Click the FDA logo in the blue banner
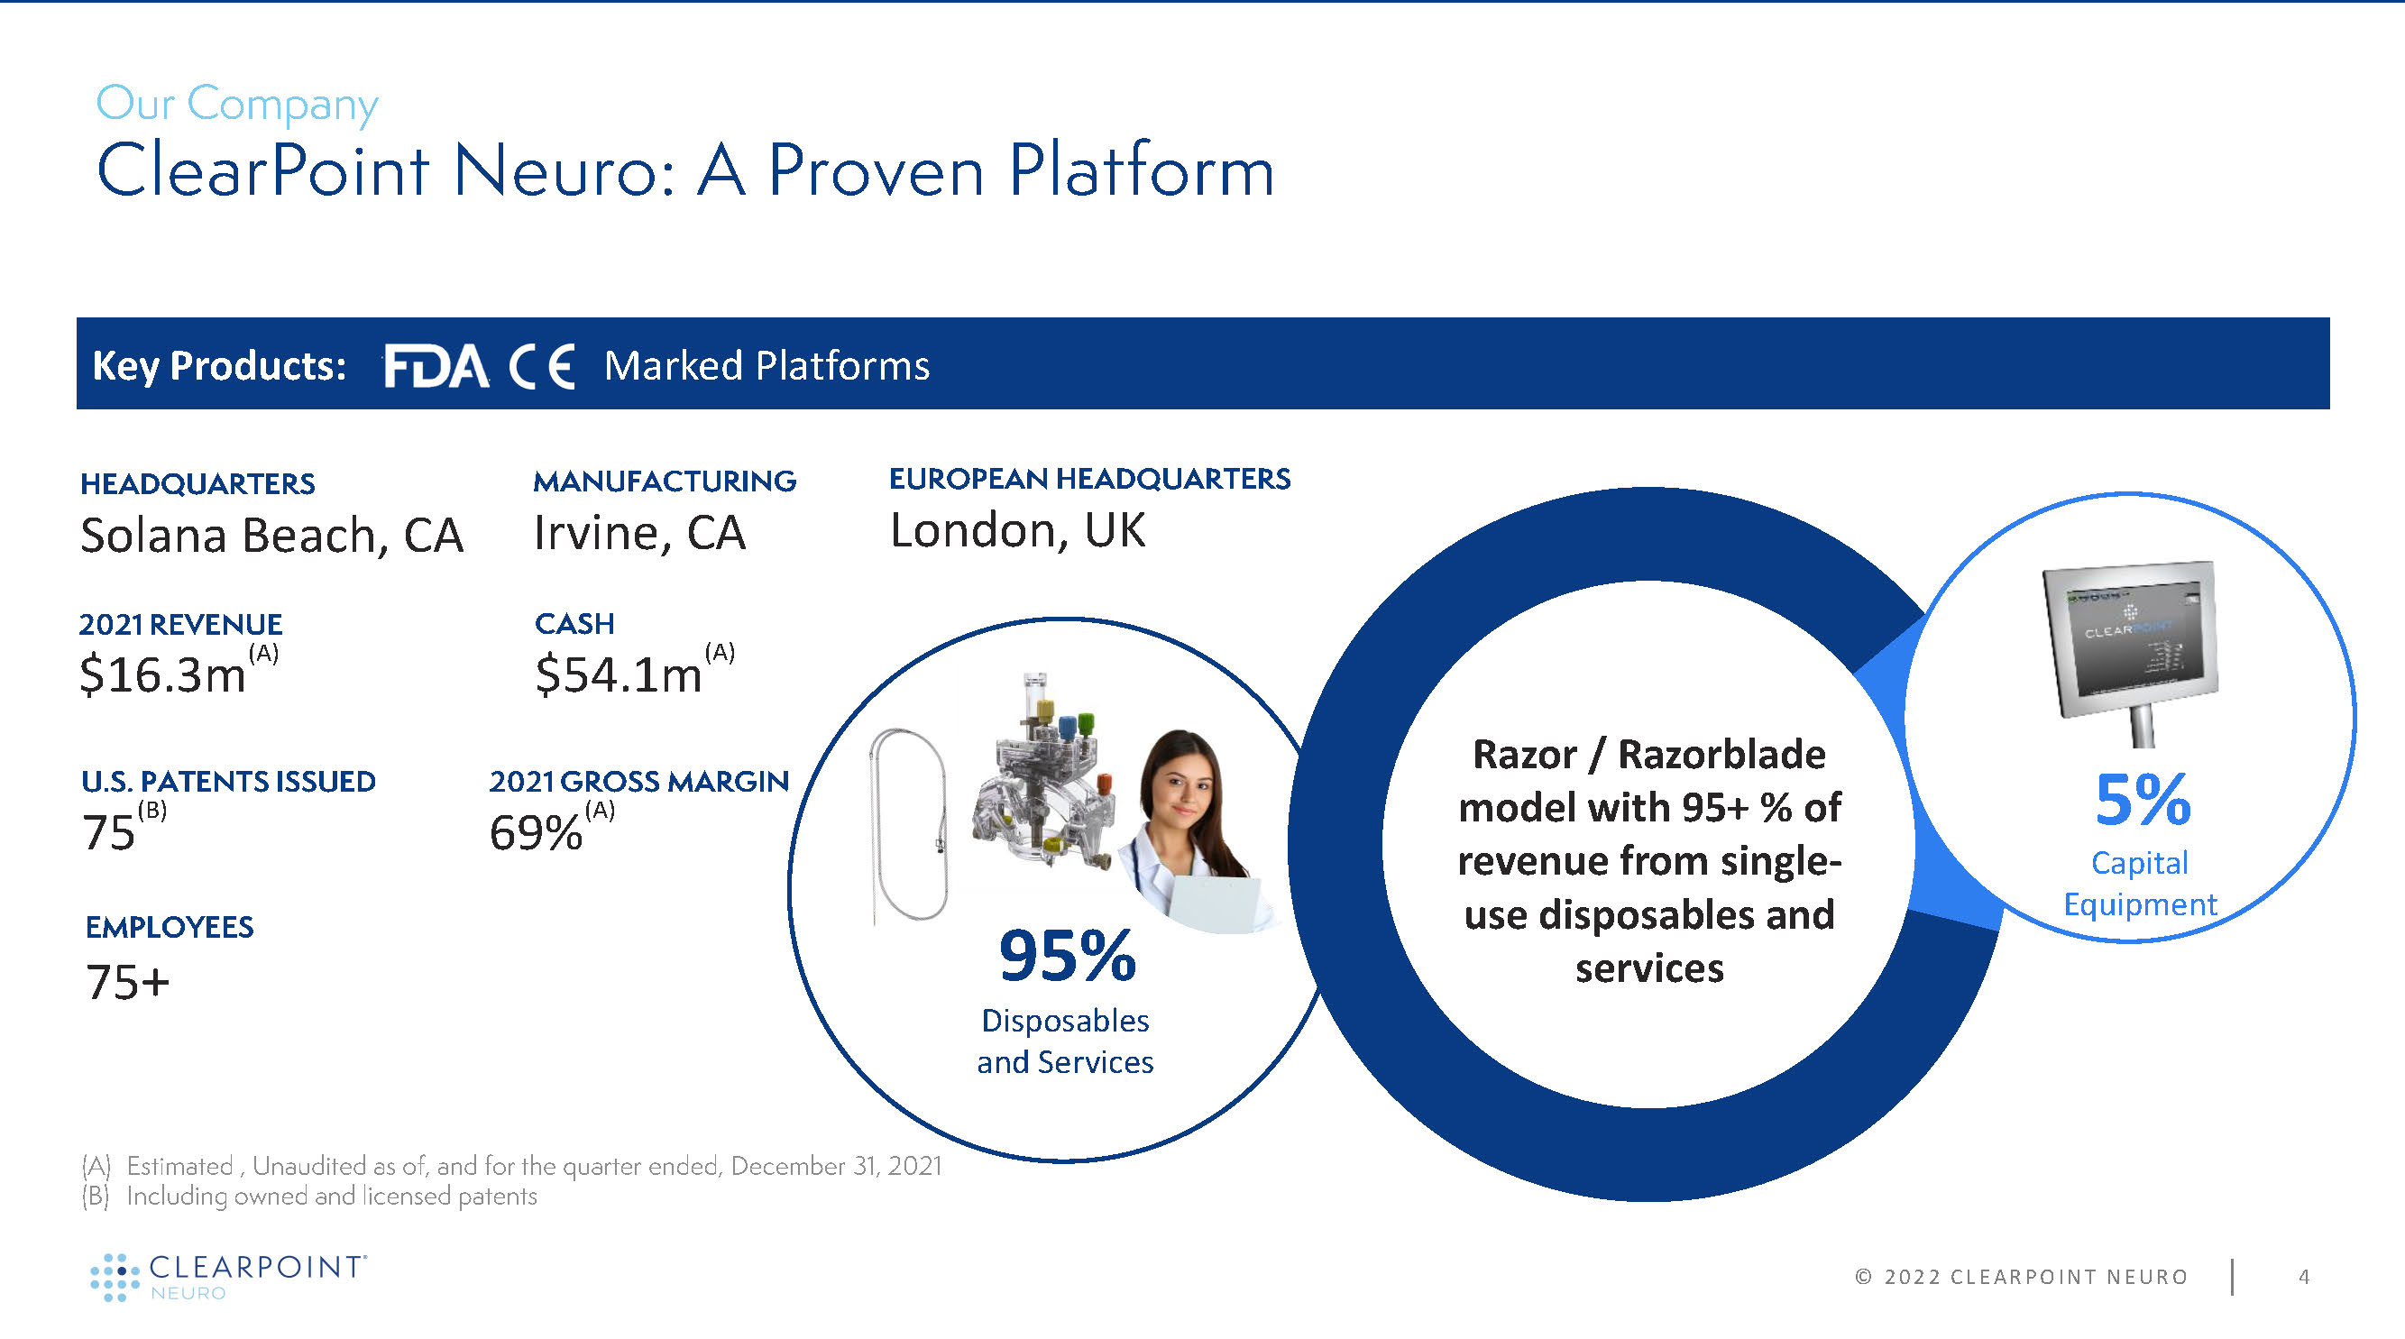(436, 365)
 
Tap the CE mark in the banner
(541, 365)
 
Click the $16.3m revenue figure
(163, 674)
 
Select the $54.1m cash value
(618, 674)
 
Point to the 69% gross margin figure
(536, 832)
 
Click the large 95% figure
(1067, 956)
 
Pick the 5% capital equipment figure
(2143, 800)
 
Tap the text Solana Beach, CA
(271, 535)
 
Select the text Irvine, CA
(639, 533)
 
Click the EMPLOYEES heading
(169, 927)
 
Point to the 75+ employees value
(128, 982)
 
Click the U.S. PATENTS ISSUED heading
(229, 782)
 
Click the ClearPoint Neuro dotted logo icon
(114, 1278)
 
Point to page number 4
(2304, 1277)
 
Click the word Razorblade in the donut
(1721, 755)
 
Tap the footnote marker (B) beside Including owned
(96, 1197)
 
